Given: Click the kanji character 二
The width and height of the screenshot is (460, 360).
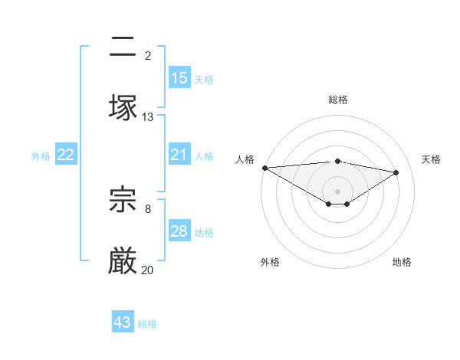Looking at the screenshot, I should point(123,49).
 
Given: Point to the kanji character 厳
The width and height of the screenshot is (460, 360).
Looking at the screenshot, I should point(123,260).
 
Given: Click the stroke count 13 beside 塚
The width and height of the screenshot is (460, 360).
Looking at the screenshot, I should point(148,116).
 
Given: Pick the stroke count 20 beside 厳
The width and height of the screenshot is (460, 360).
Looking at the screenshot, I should point(148,270).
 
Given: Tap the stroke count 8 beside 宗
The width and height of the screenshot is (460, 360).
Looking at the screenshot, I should point(148,208).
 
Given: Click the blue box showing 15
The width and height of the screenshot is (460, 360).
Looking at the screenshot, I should point(179,78).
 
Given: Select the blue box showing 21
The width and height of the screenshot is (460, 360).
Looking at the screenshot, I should point(179,155).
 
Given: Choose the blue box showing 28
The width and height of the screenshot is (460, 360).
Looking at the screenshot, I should point(179,231).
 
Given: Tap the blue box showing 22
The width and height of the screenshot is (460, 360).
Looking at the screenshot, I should point(66,155).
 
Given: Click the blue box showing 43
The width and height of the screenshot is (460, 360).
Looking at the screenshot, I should point(123,322).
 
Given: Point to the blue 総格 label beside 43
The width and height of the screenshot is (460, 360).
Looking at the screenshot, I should point(147,324).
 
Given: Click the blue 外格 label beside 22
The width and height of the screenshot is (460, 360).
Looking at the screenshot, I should point(41,156).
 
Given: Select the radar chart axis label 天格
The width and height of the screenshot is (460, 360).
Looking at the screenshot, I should point(432,159).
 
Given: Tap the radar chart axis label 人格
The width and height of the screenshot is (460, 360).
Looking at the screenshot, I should point(245,159).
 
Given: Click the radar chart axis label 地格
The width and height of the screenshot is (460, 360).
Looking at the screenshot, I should point(402,262).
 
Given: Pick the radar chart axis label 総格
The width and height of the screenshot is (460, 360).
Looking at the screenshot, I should point(338,100).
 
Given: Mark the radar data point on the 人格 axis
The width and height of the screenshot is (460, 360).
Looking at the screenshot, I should point(264,168).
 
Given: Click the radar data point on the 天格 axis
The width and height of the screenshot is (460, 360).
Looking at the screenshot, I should point(396,172).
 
